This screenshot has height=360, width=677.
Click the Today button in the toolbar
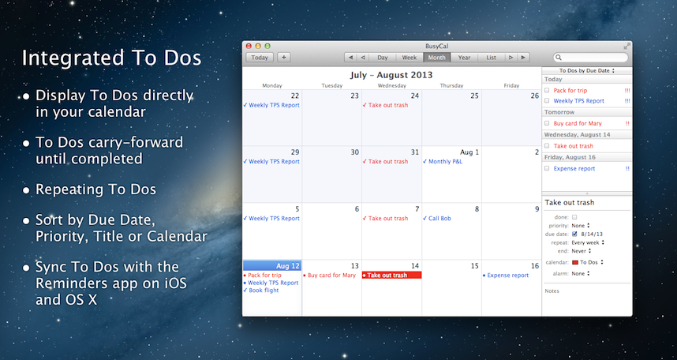point(260,58)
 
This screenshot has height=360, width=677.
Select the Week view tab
point(409,58)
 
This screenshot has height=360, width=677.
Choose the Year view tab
point(464,58)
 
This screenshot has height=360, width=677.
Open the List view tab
point(491,58)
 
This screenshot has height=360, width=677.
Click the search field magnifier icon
point(559,58)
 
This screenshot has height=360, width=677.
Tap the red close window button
point(249,46)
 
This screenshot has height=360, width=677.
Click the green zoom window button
point(267,46)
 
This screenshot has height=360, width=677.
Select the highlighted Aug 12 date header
point(272,265)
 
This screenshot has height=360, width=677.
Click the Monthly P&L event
point(443,162)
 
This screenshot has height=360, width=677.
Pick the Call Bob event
point(437,218)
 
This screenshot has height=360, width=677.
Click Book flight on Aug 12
point(261,291)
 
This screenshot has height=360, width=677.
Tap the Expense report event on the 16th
point(506,276)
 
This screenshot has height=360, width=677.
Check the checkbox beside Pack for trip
point(547,90)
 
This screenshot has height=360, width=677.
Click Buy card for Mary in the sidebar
point(578,124)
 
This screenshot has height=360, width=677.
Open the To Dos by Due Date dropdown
point(587,70)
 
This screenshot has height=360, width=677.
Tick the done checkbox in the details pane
point(574,217)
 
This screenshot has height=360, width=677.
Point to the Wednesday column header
point(391,85)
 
